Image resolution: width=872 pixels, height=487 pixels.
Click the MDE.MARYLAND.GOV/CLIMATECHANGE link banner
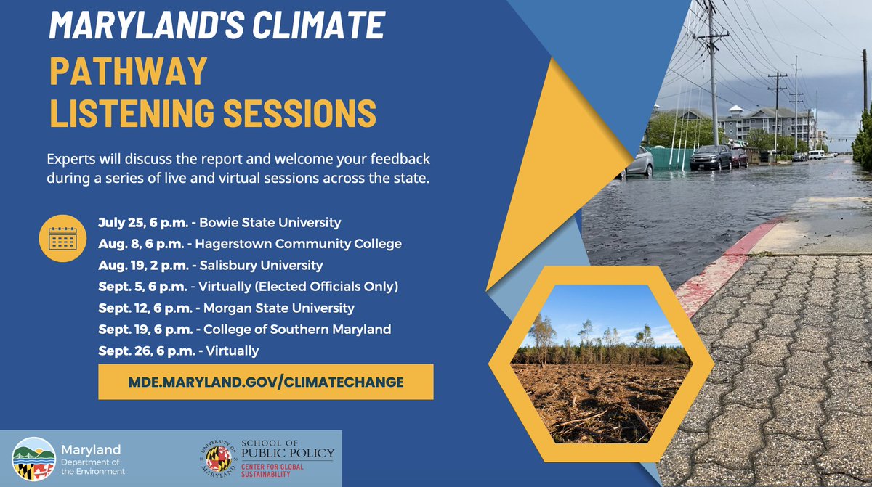(x=265, y=382)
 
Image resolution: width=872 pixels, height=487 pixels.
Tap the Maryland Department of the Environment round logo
(x=33, y=459)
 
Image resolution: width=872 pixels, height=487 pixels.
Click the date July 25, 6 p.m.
(x=142, y=222)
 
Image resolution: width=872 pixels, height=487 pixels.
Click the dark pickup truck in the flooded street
(x=710, y=157)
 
